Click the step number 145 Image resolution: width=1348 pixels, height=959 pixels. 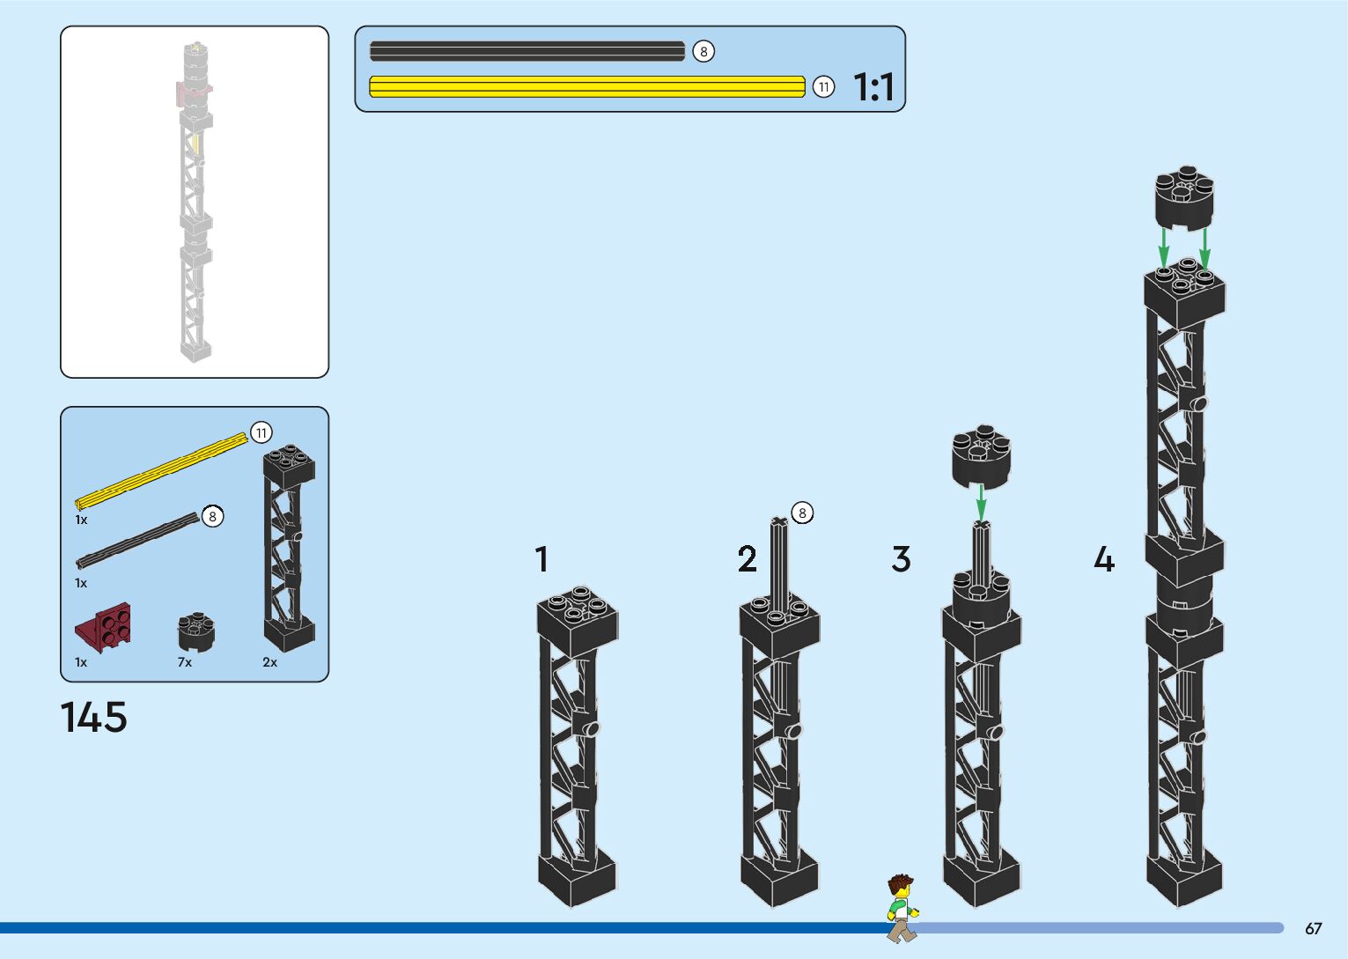93,717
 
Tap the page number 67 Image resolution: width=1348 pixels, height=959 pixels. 1313,928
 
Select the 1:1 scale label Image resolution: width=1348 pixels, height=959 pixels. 873,87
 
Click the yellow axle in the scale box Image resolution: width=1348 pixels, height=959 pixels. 586,86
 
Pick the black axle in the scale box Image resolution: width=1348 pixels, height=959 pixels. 527,51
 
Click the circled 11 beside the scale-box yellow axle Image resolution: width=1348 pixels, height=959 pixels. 823,86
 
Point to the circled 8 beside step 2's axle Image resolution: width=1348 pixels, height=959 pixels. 801,513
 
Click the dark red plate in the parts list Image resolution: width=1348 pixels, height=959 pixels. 105,627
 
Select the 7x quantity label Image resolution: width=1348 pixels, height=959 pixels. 185,662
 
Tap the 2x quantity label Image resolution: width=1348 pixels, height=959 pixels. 269,662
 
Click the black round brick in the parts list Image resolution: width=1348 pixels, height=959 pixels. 197,631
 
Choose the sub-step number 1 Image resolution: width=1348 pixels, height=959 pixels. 541,559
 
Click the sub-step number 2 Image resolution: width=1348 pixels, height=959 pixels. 747,559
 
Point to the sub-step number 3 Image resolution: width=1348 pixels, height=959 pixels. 901,559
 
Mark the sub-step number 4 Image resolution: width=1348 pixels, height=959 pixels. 1103,559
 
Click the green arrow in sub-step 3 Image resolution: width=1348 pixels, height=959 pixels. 981,503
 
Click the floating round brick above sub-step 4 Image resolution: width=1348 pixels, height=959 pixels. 1184,198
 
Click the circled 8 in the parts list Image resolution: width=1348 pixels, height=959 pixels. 212,517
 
